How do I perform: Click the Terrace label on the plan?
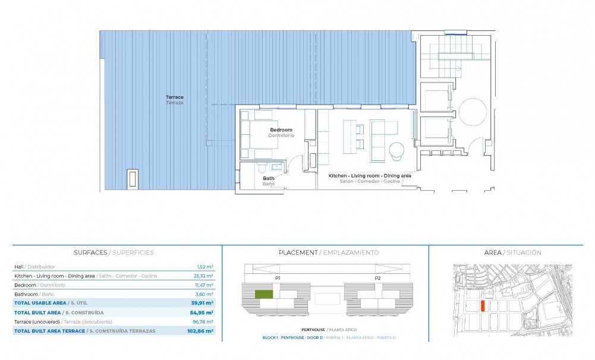174,97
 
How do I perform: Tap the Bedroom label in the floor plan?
281,130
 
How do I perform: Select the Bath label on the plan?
269,178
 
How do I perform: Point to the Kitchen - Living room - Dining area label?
370,176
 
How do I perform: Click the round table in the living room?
396,151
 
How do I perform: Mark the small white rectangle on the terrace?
133,178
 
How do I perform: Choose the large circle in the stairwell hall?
473,111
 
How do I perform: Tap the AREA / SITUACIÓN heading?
512,252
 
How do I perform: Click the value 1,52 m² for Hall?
205,267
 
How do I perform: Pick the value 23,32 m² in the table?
204,276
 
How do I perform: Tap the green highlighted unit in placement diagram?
263,294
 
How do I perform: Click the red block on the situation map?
483,306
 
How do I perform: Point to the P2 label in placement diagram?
377,278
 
